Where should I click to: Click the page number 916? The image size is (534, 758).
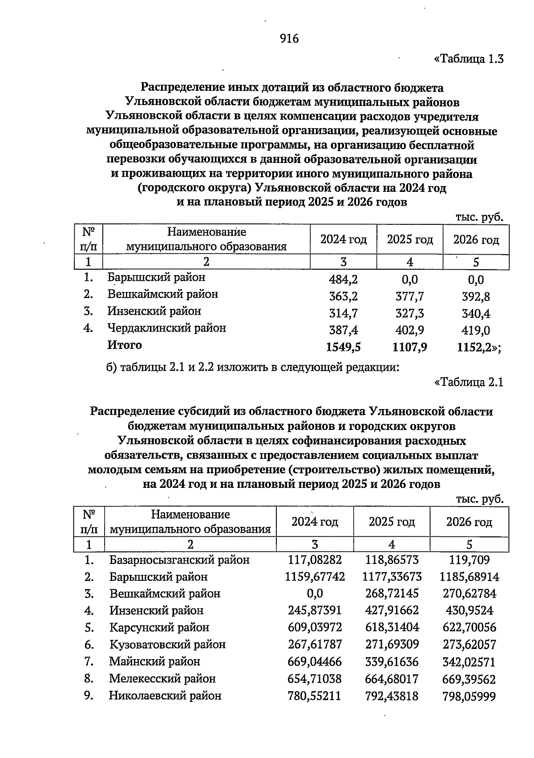click(x=289, y=39)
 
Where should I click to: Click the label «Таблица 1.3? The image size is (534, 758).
click(x=469, y=59)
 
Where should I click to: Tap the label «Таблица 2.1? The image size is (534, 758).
click(x=469, y=382)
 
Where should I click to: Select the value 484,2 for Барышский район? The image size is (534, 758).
click(x=343, y=280)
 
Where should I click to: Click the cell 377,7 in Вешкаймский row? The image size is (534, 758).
click(x=409, y=296)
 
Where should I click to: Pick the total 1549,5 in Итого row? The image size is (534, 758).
click(x=343, y=347)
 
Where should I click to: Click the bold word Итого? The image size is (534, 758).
click(x=125, y=345)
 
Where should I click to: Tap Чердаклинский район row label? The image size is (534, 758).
click(x=166, y=328)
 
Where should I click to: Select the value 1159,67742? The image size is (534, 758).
click(x=315, y=577)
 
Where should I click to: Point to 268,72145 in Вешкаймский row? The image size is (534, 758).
click(x=392, y=594)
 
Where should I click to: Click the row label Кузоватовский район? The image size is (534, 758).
click(x=167, y=645)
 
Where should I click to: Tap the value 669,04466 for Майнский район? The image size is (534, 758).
click(x=315, y=662)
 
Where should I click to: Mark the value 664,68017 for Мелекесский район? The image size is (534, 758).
click(x=392, y=679)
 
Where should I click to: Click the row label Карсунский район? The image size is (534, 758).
click(x=159, y=628)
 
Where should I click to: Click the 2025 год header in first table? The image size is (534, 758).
click(x=409, y=240)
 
